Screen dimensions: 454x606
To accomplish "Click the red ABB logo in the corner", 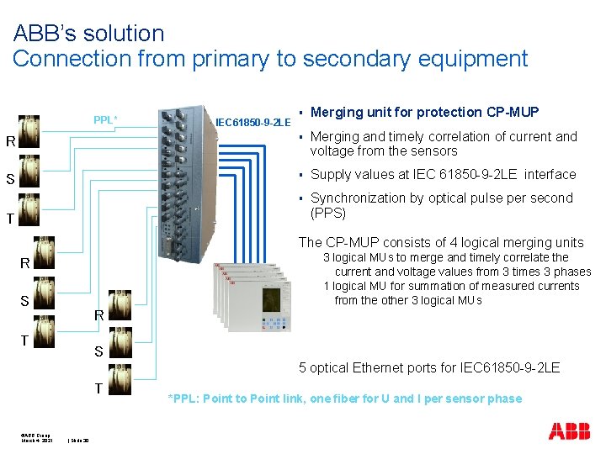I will coord(569,431).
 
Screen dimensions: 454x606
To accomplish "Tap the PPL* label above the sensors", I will coord(104,119).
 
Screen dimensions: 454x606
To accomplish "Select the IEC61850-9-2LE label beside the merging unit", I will coord(253,123).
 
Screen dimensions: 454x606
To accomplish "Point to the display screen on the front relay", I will coord(271,301).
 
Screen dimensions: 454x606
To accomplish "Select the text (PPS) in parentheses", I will coord(328,213).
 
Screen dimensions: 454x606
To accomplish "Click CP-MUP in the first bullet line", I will coord(513,113).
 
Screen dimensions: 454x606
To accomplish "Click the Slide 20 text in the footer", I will coord(80,441).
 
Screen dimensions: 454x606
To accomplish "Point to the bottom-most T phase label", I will coord(98,388).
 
